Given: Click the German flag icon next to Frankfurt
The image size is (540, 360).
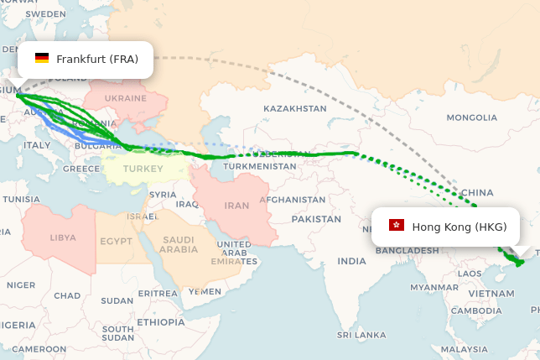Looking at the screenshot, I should pyautogui.click(x=41, y=59).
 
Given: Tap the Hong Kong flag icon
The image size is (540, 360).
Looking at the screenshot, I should pyautogui.click(x=397, y=226).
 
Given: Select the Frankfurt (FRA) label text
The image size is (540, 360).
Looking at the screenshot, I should pyautogui.click(x=97, y=59).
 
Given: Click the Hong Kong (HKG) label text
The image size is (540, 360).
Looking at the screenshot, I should pyautogui.click(x=460, y=227).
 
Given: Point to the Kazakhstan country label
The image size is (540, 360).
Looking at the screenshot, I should pyautogui.click(x=294, y=108).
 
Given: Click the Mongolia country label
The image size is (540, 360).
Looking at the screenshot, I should pyautogui.click(x=472, y=117).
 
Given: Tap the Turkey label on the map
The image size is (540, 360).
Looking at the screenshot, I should pyautogui.click(x=137, y=169).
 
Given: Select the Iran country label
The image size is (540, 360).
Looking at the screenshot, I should pyautogui.click(x=237, y=205).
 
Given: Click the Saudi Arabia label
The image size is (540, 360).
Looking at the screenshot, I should pyautogui.click(x=179, y=243).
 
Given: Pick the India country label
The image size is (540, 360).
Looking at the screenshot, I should pyautogui.click(x=351, y=261).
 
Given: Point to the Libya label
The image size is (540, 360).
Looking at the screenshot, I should pyautogui.click(x=63, y=237).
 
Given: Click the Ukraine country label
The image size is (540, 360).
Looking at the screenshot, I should pyautogui.click(x=126, y=98).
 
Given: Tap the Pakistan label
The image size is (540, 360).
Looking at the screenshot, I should pyautogui.click(x=316, y=219).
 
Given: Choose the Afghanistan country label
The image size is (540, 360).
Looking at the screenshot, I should pyautogui.click(x=292, y=200).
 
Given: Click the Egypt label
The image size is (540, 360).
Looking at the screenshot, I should pyautogui.click(x=116, y=241).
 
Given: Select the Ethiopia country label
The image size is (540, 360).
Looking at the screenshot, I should pyautogui.click(x=160, y=321).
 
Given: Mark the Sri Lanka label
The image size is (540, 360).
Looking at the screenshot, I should pyautogui.click(x=360, y=334).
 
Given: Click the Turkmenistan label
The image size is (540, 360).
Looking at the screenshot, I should pyautogui.click(x=260, y=166).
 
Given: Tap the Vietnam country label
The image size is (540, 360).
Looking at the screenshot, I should pyautogui.click(x=491, y=294).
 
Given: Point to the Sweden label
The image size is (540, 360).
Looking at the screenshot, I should pyautogui.click(x=46, y=14).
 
